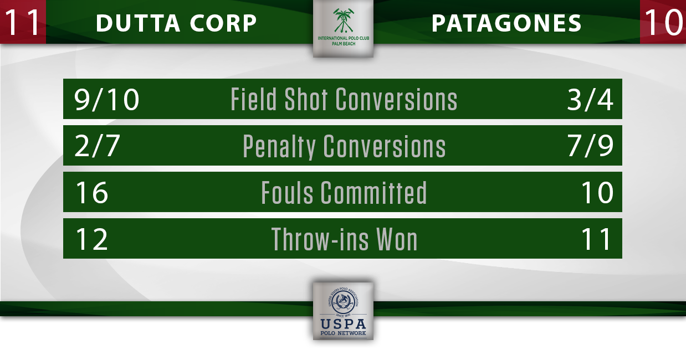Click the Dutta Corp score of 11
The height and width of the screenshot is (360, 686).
coord(22,22)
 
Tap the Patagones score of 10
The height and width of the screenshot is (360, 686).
coord(663,22)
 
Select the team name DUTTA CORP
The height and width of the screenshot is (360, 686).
coord(176,23)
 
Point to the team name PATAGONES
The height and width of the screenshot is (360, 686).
coord(506,23)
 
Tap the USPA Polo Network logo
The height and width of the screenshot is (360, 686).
coord(344,311)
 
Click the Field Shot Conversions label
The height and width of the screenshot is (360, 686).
coord(344,99)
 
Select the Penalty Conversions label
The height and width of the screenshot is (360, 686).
coord(344,146)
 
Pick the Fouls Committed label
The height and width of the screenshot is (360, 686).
coord(344,192)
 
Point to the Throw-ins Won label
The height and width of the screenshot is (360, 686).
coord(344,239)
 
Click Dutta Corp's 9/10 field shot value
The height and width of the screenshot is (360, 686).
coord(106,100)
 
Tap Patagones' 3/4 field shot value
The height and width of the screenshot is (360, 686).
coord(590,100)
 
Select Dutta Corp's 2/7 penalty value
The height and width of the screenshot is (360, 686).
coord(97,146)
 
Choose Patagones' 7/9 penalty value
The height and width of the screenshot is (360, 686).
coord(591,146)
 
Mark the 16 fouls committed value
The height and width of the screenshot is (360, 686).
coord(92,193)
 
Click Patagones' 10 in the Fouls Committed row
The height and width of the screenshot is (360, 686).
coord(597,193)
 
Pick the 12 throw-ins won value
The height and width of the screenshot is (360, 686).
coord(92,239)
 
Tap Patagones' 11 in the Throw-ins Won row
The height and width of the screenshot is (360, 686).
coord(597,239)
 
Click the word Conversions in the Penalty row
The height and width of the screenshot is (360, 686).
coord(385,146)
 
